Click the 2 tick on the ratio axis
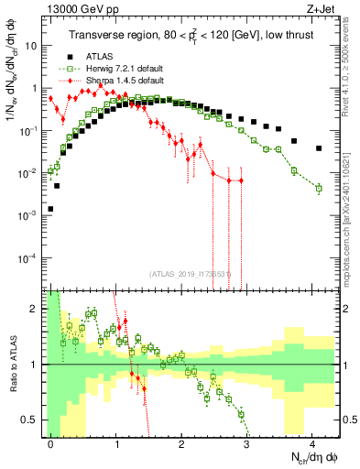tap(37, 309)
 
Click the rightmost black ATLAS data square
tap(319, 148)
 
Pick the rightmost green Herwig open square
tap(319, 189)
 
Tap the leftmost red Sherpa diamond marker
tap(50, 98)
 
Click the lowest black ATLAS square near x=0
tap(50, 209)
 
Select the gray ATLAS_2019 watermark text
tap(189, 273)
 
